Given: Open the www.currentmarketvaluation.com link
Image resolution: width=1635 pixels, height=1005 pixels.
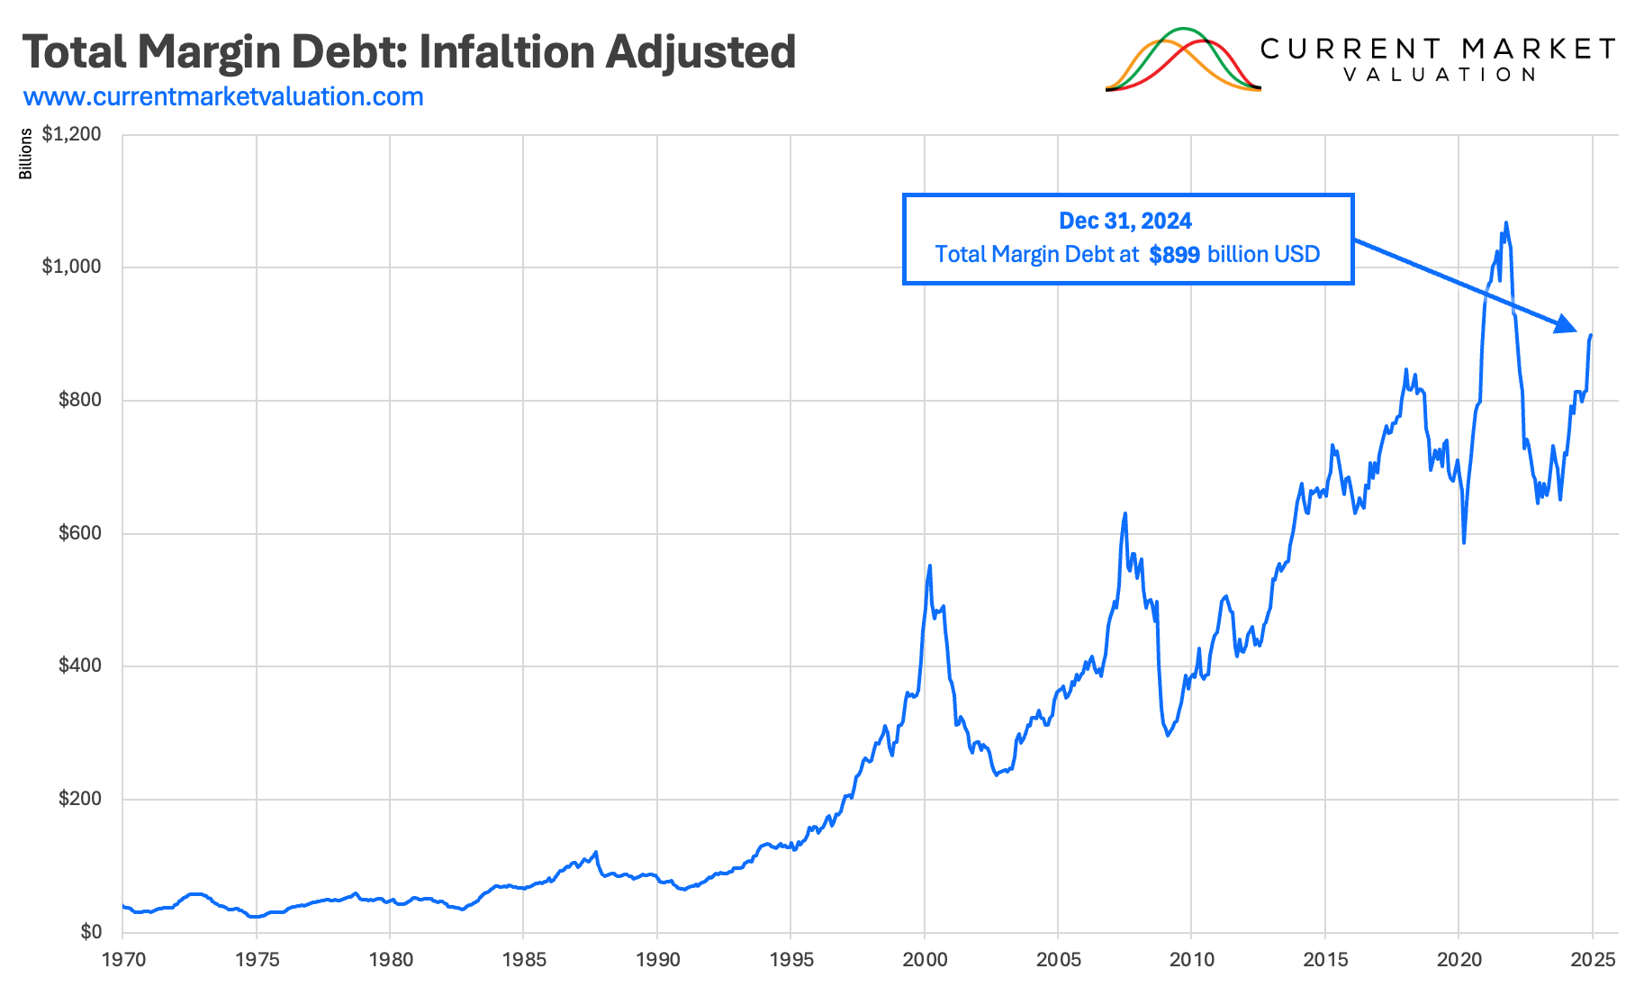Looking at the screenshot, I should pos(223,96).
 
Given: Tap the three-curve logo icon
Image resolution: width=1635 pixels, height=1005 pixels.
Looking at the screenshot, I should pos(1183,60).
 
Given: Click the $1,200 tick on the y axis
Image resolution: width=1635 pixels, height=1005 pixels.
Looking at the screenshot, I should pos(72,134).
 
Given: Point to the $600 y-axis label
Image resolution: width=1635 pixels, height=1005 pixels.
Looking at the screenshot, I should pos(80,533).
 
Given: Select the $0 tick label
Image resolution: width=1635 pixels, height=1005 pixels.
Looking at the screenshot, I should pos(91,932).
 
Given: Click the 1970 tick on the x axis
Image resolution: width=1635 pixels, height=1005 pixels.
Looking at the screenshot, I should pos(123,960).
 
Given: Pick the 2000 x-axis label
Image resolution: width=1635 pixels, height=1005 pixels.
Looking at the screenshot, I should pos(925,960).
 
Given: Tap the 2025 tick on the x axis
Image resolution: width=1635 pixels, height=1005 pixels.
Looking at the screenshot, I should pos(1592,960).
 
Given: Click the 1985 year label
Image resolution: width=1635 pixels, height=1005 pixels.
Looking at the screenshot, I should pos(524,960).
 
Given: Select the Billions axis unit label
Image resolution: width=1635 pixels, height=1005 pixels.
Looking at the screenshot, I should pos(26,154).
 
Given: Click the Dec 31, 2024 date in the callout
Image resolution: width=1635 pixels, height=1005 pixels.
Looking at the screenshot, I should pos(1125,221).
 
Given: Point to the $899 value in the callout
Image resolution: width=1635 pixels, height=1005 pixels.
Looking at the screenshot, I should pos(1174,255).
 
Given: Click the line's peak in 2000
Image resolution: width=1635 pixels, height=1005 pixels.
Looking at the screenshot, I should pos(929,566).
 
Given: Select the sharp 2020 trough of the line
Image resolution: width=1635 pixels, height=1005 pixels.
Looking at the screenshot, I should pos(1464,542).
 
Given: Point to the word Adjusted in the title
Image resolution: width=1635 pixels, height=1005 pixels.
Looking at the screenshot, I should pos(700,51).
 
